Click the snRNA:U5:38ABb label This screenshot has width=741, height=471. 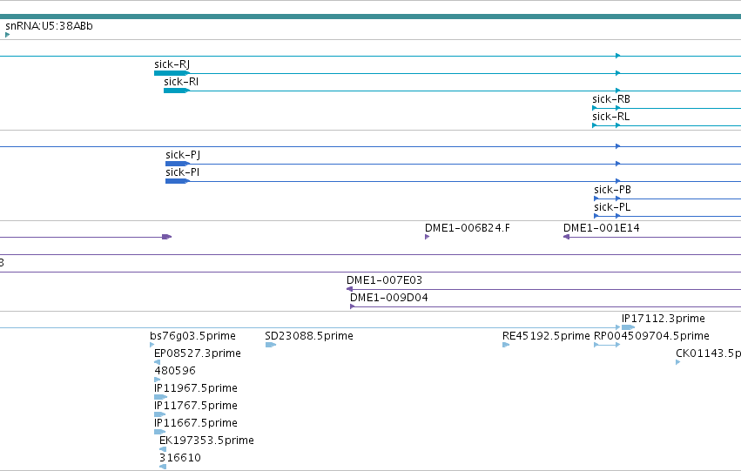(49, 26)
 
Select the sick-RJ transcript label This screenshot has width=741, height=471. (172, 64)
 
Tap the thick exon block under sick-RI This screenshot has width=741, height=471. (176, 91)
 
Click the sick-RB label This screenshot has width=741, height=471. (611, 99)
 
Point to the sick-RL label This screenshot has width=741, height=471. (610, 117)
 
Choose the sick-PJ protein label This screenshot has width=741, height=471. (183, 155)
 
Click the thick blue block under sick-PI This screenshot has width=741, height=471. (177, 181)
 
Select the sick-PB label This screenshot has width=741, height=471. (612, 190)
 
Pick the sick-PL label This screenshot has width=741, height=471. (612, 207)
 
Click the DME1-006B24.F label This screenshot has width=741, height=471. (468, 228)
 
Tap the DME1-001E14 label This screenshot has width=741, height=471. (601, 228)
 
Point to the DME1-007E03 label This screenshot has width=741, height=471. (384, 280)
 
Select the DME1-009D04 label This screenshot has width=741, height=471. (389, 298)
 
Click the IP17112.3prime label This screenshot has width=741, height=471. (663, 319)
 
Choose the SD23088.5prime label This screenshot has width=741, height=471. (309, 336)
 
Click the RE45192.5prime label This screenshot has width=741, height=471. (546, 336)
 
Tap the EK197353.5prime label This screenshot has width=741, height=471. (206, 441)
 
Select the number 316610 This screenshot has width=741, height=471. (180, 458)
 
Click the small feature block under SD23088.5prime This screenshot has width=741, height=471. (270, 345)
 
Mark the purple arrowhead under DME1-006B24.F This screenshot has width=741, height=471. (427, 237)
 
